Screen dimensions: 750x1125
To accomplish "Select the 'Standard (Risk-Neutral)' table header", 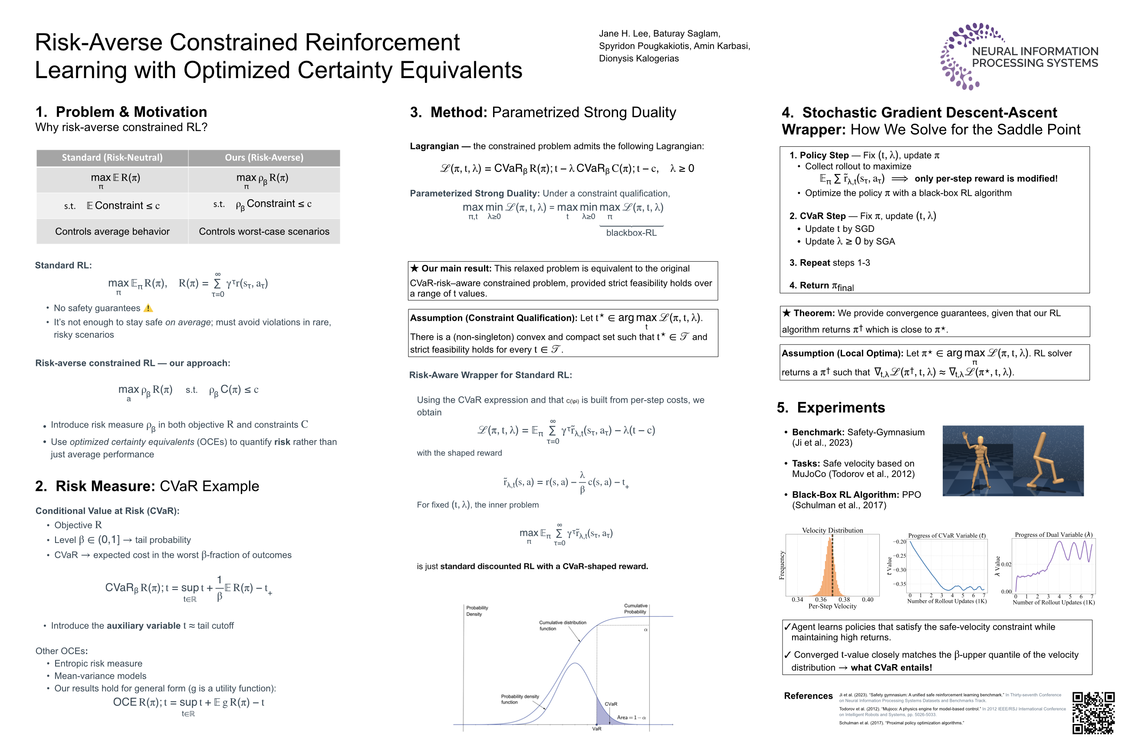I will (112, 158).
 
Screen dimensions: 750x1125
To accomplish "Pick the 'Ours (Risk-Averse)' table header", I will (264, 158).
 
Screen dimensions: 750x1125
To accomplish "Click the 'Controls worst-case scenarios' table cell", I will (264, 231).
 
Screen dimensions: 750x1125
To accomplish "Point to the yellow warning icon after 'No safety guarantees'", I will (148, 308).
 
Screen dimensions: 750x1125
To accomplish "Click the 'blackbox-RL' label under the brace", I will (632, 233).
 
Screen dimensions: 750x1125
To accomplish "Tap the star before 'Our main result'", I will (414, 268).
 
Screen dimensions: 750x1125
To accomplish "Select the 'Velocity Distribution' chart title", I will (832, 530).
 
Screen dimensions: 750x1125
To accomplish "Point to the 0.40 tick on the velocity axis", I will (867, 599).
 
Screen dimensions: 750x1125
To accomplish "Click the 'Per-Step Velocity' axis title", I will (832, 606).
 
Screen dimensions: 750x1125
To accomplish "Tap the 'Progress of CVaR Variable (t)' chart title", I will (947, 536).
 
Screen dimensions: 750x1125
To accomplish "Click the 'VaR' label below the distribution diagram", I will (596, 729).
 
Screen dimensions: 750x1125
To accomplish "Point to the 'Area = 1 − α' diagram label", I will (631, 717).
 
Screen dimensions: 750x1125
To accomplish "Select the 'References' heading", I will (808, 696).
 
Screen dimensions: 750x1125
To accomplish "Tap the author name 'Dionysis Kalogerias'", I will (638, 58).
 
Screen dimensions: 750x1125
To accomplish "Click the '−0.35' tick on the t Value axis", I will (899, 584).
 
